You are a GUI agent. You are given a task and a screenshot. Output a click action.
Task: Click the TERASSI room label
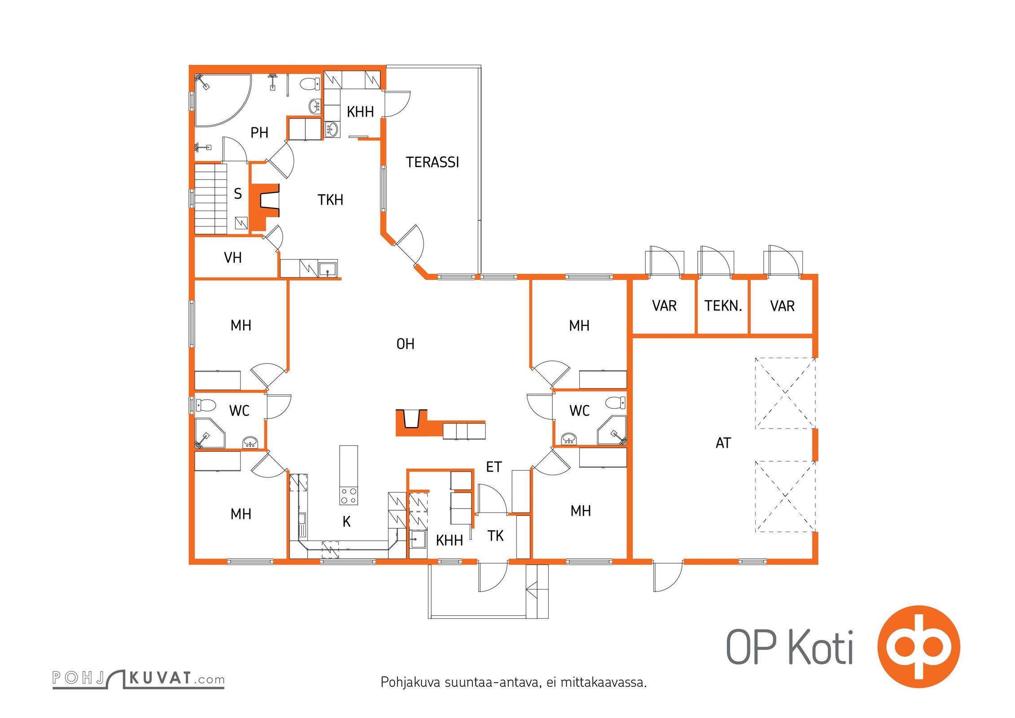[x=433, y=162]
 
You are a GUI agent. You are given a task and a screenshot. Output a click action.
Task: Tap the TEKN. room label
[x=723, y=306]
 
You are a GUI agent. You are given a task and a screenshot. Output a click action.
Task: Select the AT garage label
[x=723, y=443]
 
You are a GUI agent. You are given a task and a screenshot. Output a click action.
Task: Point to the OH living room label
[x=405, y=344]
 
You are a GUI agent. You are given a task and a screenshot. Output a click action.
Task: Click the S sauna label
[x=238, y=194]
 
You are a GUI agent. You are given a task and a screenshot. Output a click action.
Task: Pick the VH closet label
[x=232, y=258]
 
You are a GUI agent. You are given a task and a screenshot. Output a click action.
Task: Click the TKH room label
[x=330, y=200]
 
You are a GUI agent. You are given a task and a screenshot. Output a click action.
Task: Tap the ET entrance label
[x=494, y=467]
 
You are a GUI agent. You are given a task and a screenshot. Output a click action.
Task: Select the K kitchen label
[x=346, y=521]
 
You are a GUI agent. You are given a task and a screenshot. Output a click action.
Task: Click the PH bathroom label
[x=259, y=133]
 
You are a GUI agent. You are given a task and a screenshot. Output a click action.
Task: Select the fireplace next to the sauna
[x=265, y=207]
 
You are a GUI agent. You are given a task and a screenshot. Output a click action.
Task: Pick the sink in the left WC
[x=250, y=442]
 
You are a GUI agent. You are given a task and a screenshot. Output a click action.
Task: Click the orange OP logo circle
[x=919, y=647]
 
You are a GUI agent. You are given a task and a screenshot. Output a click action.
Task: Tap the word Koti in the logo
[x=821, y=647]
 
